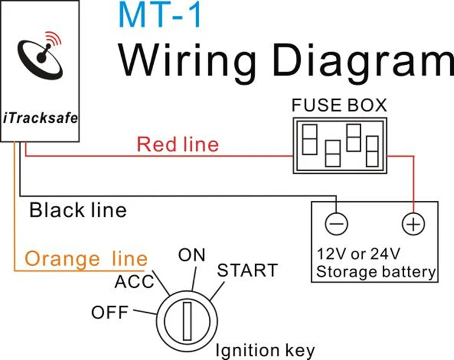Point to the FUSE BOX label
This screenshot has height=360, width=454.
click(x=338, y=105)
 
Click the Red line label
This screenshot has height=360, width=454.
click(x=177, y=145)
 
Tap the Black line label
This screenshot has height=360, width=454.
click(x=78, y=210)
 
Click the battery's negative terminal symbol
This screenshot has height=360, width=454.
click(x=337, y=224)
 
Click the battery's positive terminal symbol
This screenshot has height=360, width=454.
click(x=412, y=224)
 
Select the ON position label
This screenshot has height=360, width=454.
click(x=192, y=255)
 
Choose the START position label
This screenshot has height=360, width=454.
click(x=247, y=270)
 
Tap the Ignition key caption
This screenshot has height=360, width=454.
click(x=266, y=350)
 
